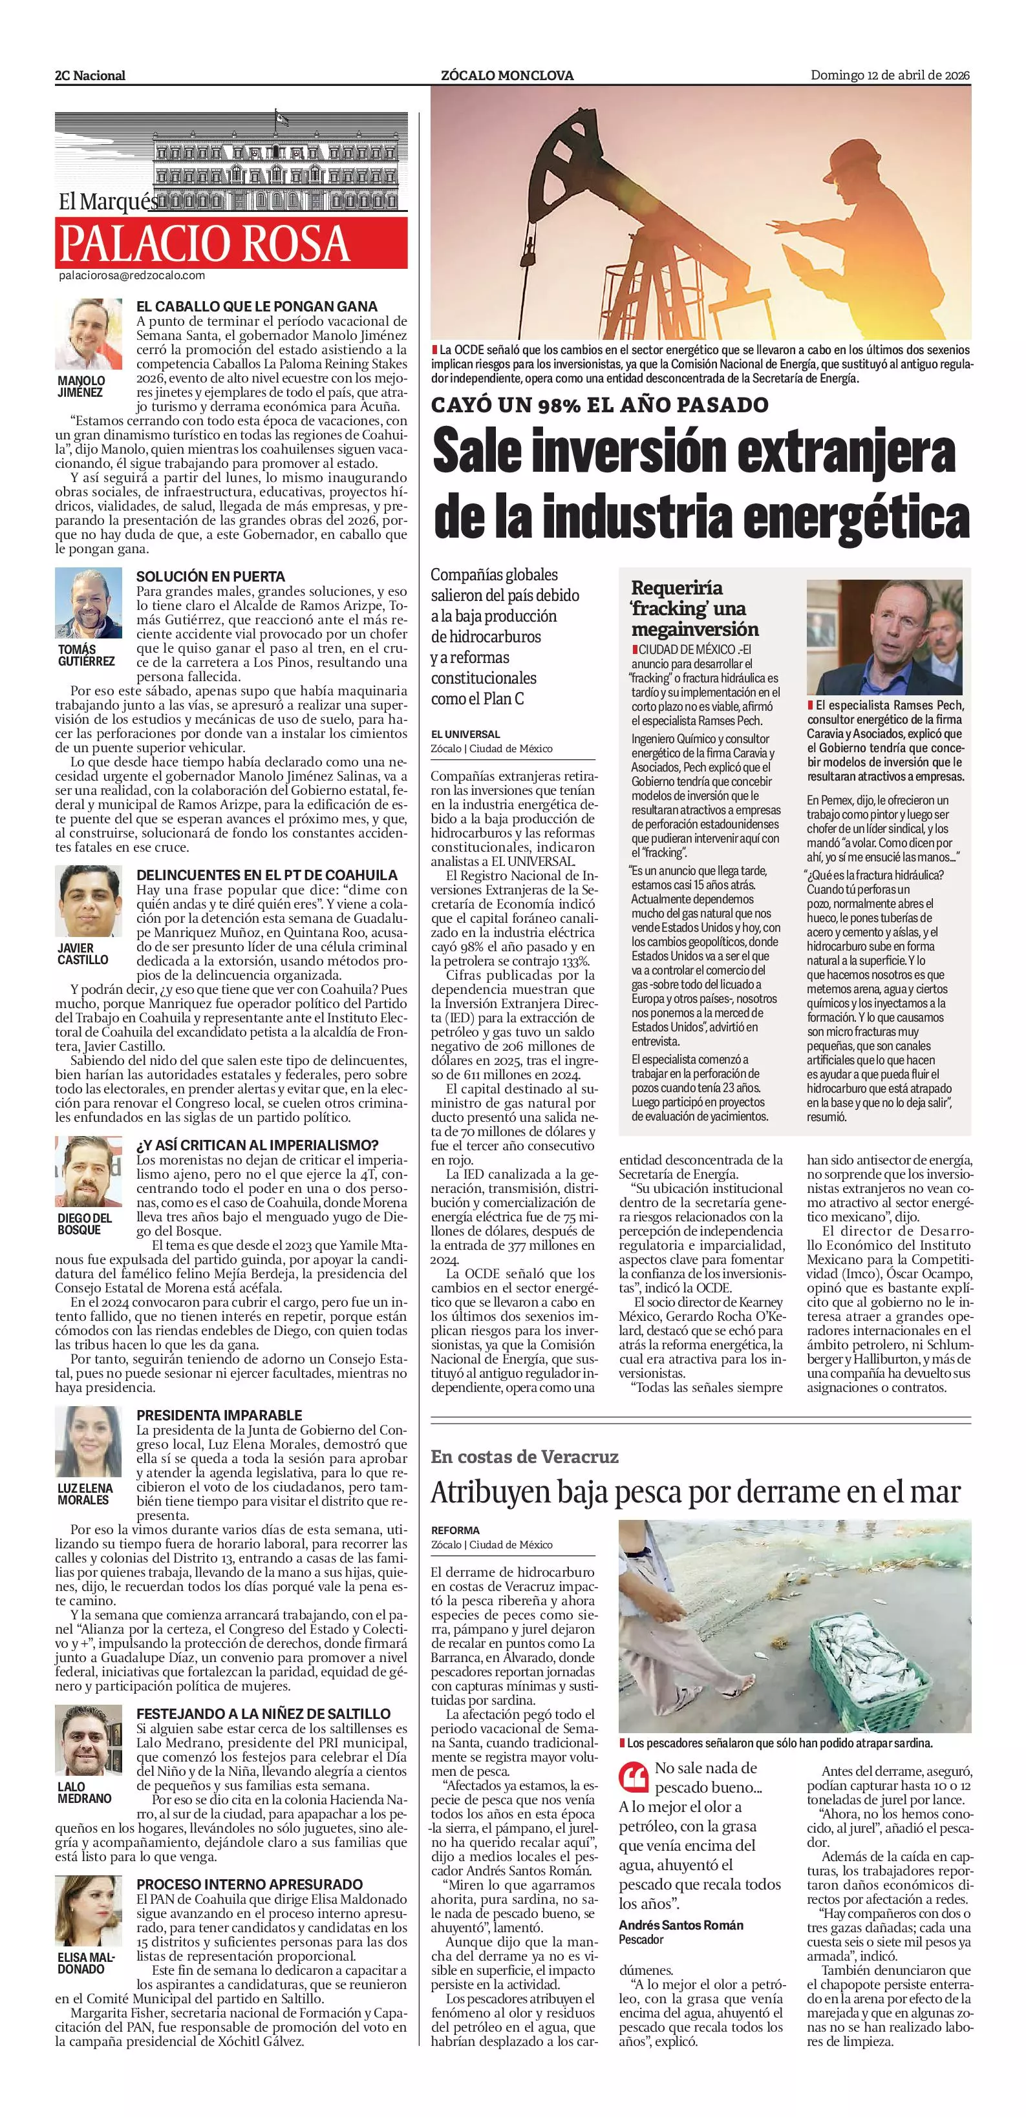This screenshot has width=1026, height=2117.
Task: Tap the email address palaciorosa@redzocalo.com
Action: pyautogui.click(x=131, y=276)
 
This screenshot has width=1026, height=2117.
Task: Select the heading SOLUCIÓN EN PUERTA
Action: pyautogui.click(x=211, y=577)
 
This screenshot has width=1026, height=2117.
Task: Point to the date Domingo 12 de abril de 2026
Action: pyautogui.click(x=890, y=76)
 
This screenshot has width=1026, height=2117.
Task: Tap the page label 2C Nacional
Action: pyautogui.click(x=91, y=76)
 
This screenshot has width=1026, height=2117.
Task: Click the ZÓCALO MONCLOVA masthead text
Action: pyautogui.click(x=508, y=76)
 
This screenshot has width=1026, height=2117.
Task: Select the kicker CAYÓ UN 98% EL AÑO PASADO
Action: pyautogui.click(x=600, y=405)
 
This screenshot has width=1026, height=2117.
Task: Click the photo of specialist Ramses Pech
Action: pyautogui.click(x=884, y=638)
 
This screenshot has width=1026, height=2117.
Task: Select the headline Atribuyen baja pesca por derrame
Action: pyautogui.click(x=696, y=1492)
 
